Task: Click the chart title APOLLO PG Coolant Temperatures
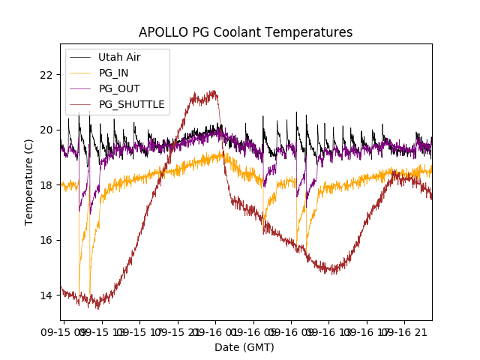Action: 245,32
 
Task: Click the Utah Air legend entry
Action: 119,57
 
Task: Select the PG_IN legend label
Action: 114,73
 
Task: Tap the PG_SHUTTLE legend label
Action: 131,104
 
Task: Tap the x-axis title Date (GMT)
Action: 244,347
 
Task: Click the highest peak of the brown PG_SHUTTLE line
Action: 214,91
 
